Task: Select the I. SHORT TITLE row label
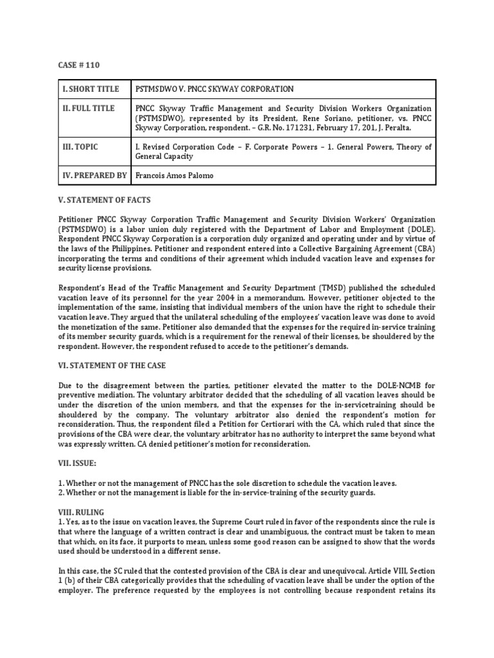(x=91, y=89)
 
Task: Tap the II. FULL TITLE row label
(x=89, y=109)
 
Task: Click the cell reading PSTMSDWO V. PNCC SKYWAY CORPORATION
(x=212, y=89)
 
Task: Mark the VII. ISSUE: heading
(x=80, y=461)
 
